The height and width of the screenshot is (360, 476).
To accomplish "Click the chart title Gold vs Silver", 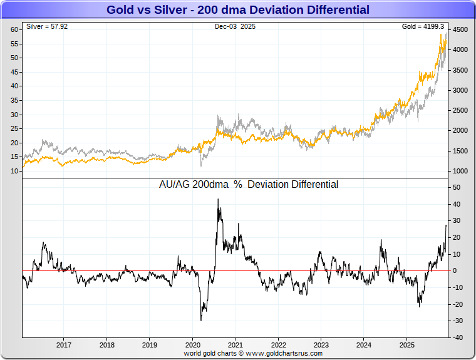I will pyautogui.click(x=237, y=10).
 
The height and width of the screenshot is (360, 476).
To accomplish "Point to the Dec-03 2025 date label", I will pyautogui.click(x=235, y=27).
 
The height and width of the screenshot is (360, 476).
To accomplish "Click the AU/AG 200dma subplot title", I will pyautogui.click(x=249, y=185).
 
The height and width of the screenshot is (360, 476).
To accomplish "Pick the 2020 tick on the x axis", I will pyautogui.click(x=193, y=345).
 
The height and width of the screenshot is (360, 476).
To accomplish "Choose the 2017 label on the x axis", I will pyautogui.click(x=64, y=345).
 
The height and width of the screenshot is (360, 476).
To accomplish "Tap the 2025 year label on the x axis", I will pyautogui.click(x=407, y=345).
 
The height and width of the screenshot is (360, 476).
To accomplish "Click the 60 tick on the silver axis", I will pyautogui.click(x=14, y=29).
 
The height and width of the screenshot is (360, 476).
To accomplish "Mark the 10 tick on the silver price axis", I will pyautogui.click(x=14, y=170).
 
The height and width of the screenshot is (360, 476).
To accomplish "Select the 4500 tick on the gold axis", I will pyautogui.click(x=460, y=29).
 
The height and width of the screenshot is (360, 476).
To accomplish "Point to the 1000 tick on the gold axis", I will pyautogui.click(x=460, y=171).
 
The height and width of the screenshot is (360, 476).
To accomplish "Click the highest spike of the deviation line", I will pyautogui.click(x=218, y=200).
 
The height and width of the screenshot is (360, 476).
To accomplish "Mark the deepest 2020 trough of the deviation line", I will pyautogui.click(x=201, y=320).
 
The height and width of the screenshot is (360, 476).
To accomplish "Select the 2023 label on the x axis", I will pyautogui.click(x=321, y=345).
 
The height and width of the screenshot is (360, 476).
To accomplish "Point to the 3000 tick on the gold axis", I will pyautogui.click(x=460, y=90).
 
